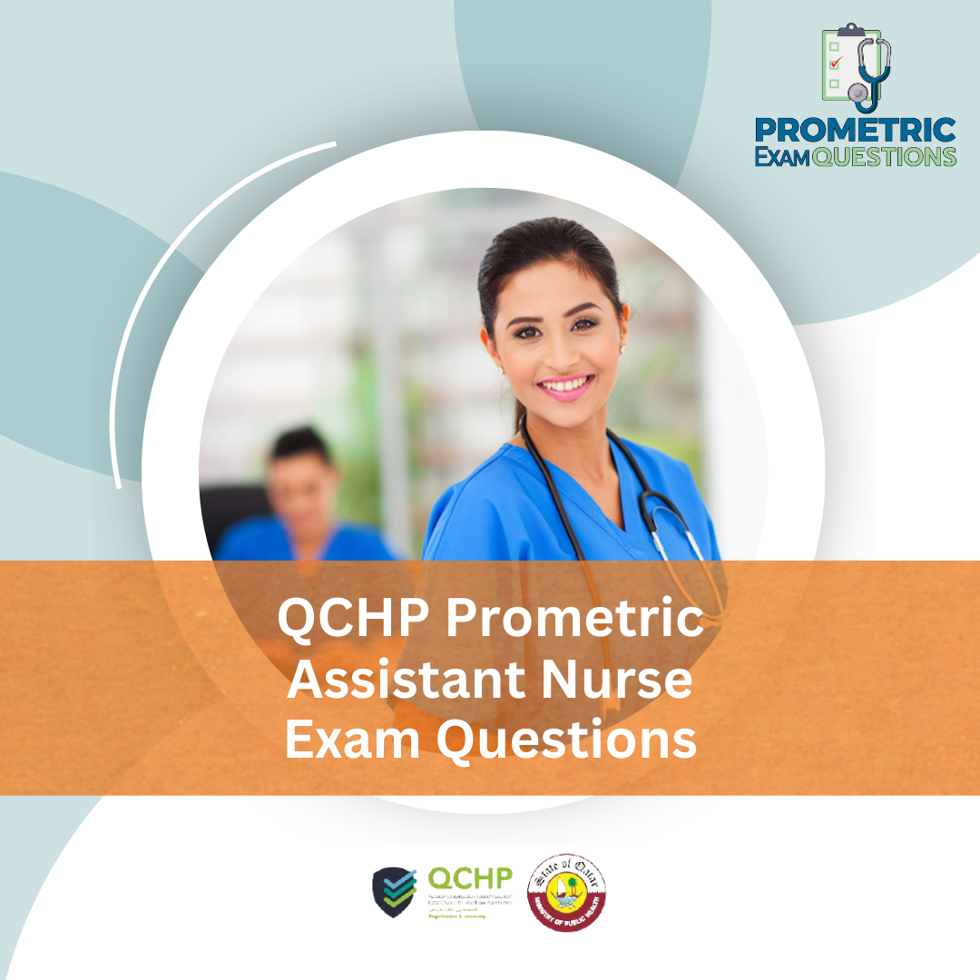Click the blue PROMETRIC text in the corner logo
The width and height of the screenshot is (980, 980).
(x=856, y=130)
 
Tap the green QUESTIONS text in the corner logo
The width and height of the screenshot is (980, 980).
(x=885, y=156)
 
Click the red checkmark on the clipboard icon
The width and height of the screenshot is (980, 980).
(x=836, y=63)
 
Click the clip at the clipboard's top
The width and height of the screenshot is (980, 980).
(x=850, y=31)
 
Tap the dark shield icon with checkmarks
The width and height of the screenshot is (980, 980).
(x=395, y=891)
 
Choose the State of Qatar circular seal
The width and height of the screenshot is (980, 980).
(x=567, y=891)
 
